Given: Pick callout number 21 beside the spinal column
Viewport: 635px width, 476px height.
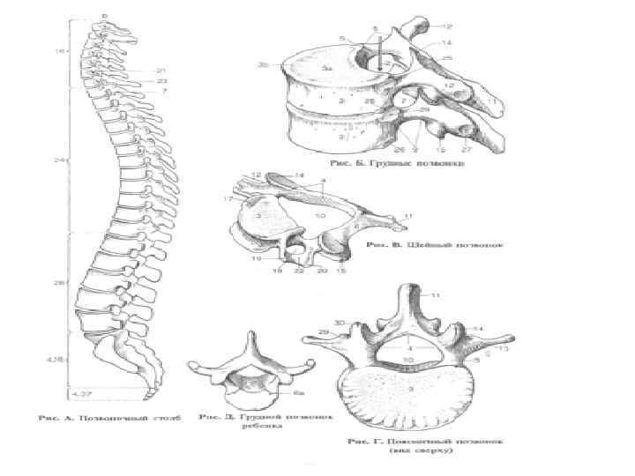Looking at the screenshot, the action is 161,71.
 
